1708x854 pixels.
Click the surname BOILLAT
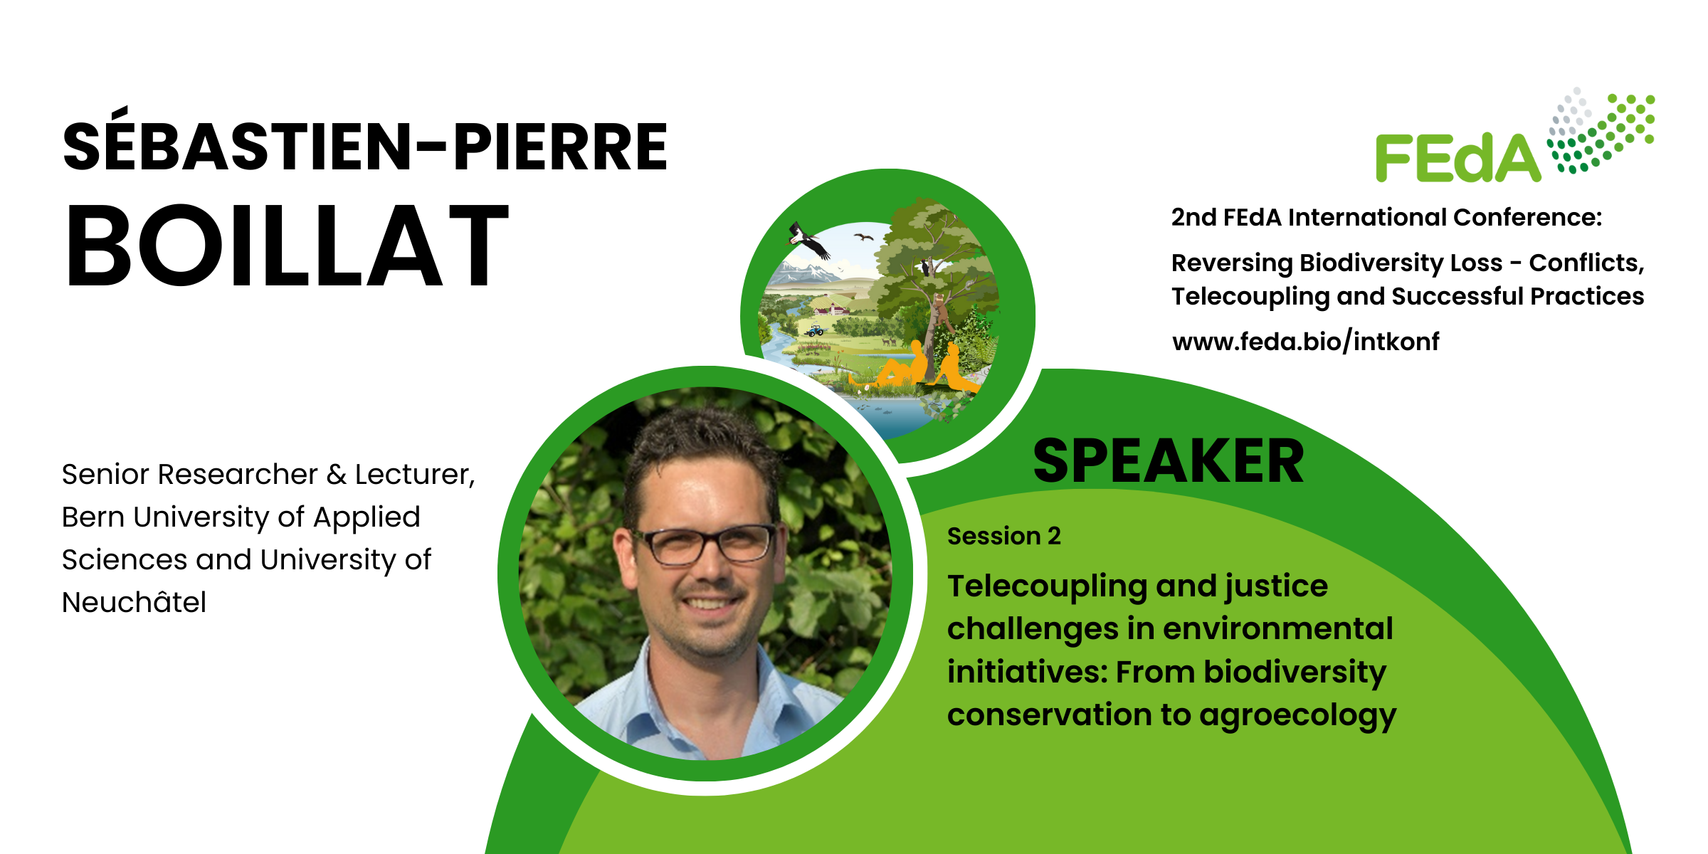[x=287, y=246]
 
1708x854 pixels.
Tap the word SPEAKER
[x=1168, y=461]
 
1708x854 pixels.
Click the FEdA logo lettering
[x=1457, y=158]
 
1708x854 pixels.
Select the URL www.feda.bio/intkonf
[x=1305, y=342]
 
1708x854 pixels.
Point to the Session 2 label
[x=1003, y=536]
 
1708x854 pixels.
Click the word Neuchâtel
[x=134, y=602]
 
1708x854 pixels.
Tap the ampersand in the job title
[x=336, y=475]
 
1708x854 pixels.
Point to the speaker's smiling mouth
[x=708, y=603]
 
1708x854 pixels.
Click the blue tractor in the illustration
[x=815, y=331]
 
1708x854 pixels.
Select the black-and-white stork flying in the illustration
[x=809, y=241]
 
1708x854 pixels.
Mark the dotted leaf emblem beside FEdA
[x=1601, y=130]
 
